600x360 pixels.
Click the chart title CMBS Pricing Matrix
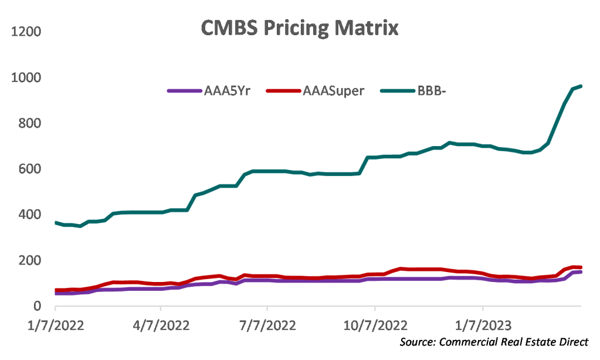click(x=300, y=28)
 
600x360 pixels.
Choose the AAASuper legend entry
click(x=331, y=91)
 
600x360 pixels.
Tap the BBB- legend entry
click(x=435, y=91)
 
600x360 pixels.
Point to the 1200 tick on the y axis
click(x=25, y=31)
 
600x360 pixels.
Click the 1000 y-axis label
click(x=25, y=77)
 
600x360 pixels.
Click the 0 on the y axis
click(x=36, y=306)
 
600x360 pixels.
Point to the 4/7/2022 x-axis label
click(x=161, y=324)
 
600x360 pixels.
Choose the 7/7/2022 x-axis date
click(x=267, y=324)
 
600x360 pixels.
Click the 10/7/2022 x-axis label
click(x=374, y=324)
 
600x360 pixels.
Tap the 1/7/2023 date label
click(x=482, y=324)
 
